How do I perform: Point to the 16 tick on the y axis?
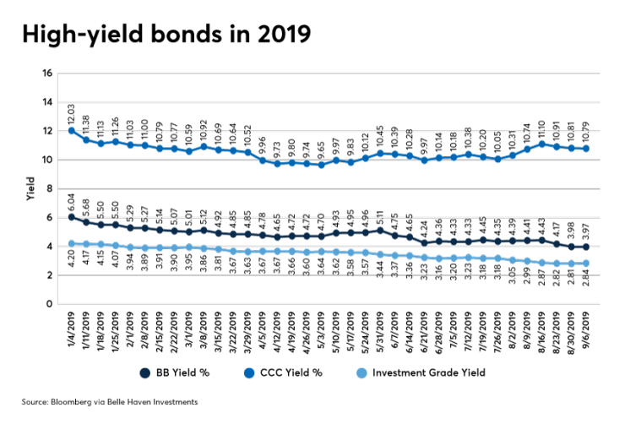coord(48,73)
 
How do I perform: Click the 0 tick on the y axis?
coord(51,303)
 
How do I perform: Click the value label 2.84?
coord(585,282)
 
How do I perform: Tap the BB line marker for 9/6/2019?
coord(585,247)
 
